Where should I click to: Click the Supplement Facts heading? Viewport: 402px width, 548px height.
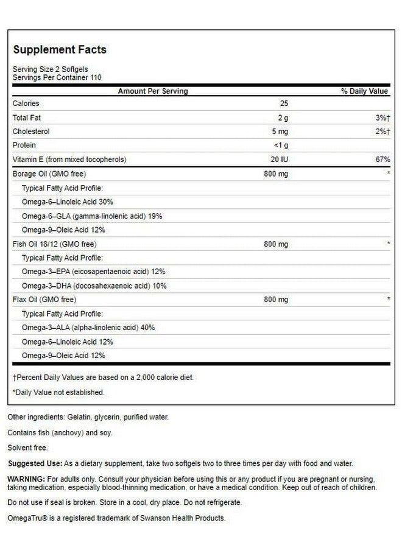point(60,49)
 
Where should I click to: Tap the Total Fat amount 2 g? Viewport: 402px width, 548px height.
point(281,118)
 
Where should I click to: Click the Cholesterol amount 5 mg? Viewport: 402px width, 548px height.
point(281,132)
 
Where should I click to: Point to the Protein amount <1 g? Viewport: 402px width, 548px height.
point(281,146)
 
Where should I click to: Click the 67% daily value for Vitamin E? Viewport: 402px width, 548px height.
point(383,160)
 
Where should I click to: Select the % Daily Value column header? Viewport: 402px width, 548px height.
point(364,91)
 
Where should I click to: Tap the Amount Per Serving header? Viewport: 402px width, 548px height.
point(153,91)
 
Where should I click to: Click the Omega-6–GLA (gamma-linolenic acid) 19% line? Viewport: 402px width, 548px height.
point(91,216)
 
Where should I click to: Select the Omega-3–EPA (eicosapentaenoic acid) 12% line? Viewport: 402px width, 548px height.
point(93,272)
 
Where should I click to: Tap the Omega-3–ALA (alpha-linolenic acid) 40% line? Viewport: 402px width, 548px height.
point(88,328)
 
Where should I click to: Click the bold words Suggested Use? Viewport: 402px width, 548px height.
point(34,463)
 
